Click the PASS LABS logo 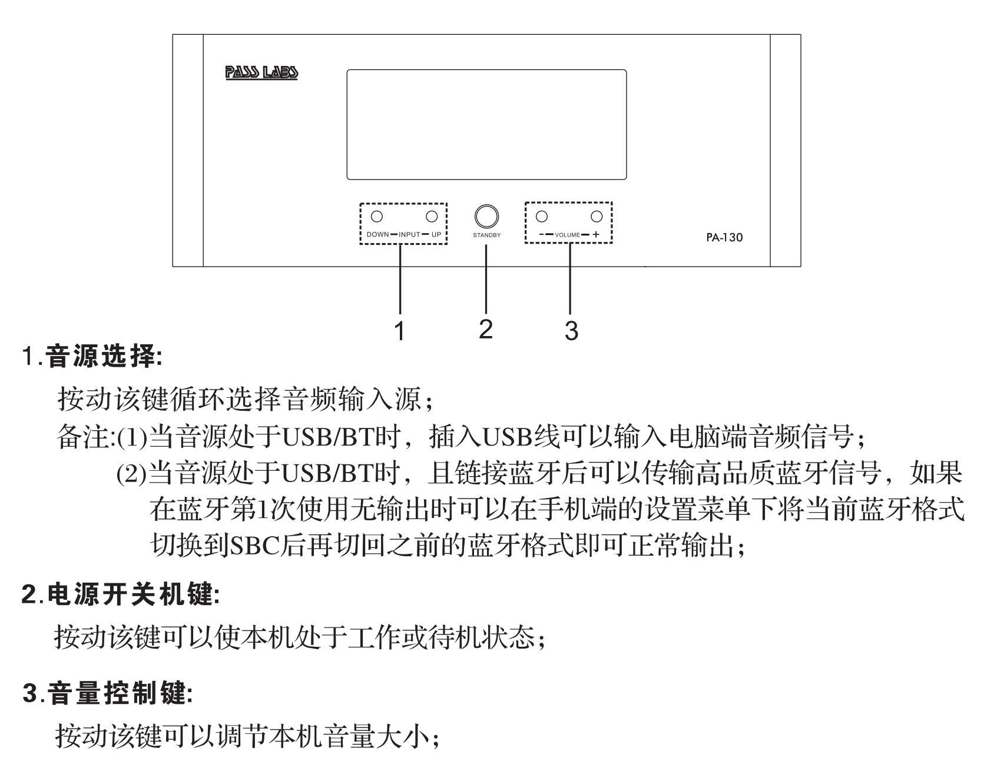pos(261,73)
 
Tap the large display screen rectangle pos(486,124)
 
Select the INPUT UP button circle pos(432,216)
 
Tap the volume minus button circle pos(542,216)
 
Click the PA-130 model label pos(724,238)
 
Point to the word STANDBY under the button pos(486,235)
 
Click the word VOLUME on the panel pos(567,235)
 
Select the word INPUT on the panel pos(410,235)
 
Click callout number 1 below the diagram pos(400,331)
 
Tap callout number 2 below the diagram pos(485,329)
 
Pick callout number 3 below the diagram pos(571,331)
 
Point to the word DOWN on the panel pos(377,235)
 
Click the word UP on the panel pos(436,235)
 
